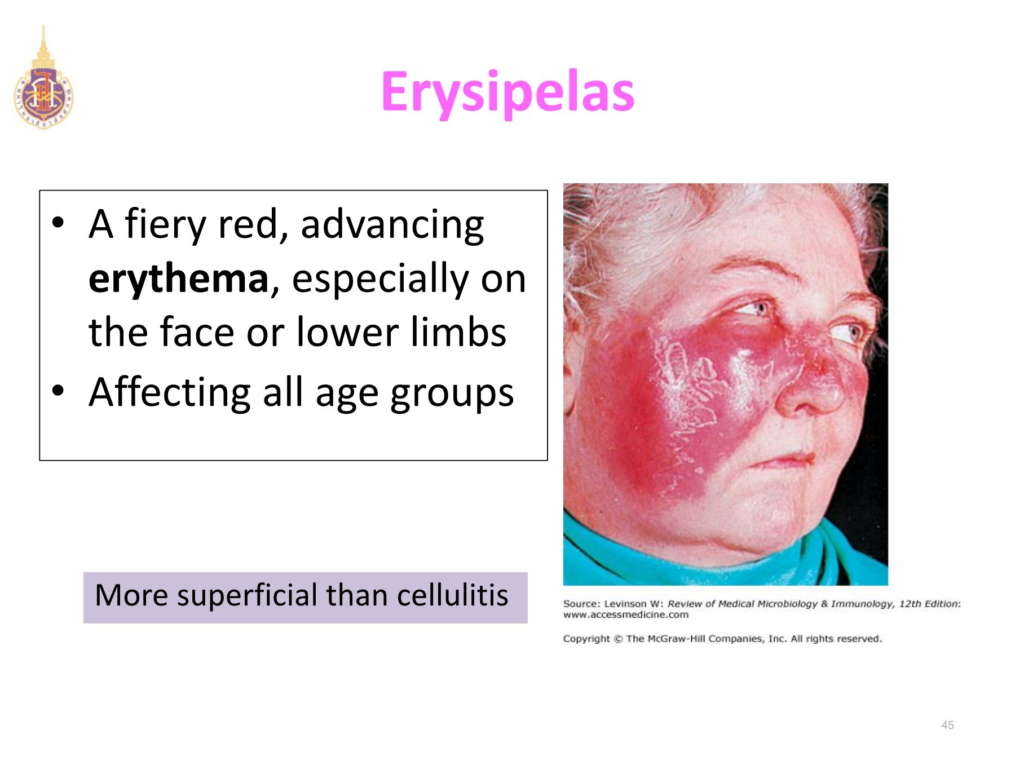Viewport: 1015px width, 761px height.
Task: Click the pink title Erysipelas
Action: (x=507, y=92)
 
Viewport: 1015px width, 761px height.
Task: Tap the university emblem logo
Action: (x=43, y=78)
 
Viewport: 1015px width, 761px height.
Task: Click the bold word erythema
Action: (x=179, y=278)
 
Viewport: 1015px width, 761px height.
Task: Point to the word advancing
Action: (x=392, y=225)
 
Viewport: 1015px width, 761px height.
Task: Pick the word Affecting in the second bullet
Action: (x=170, y=392)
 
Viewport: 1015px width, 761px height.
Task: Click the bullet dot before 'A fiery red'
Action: (x=58, y=222)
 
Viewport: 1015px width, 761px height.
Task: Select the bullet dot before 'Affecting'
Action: (x=58, y=390)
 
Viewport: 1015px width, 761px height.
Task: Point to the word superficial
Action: (x=248, y=596)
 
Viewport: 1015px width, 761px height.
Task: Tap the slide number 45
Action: (x=947, y=725)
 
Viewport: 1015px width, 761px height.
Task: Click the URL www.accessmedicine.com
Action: (x=626, y=614)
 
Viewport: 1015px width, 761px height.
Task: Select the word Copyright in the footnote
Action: (x=586, y=639)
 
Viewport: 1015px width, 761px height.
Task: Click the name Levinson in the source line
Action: (x=625, y=604)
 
